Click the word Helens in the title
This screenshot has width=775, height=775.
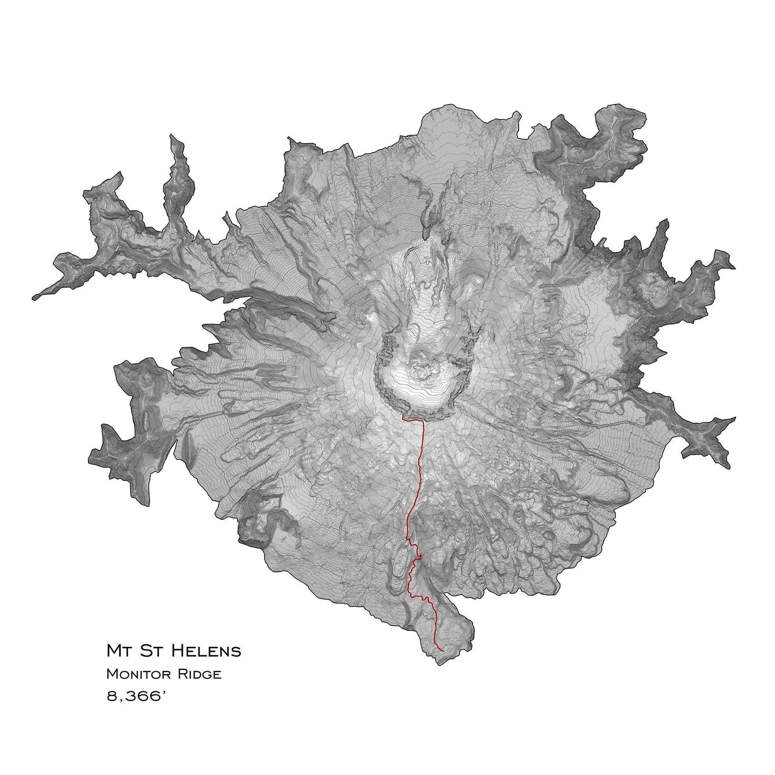pos(211,652)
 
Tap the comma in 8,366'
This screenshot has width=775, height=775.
pos(121,702)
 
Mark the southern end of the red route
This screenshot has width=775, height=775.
pos(444,651)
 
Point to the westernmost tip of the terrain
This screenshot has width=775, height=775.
pos(33,297)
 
